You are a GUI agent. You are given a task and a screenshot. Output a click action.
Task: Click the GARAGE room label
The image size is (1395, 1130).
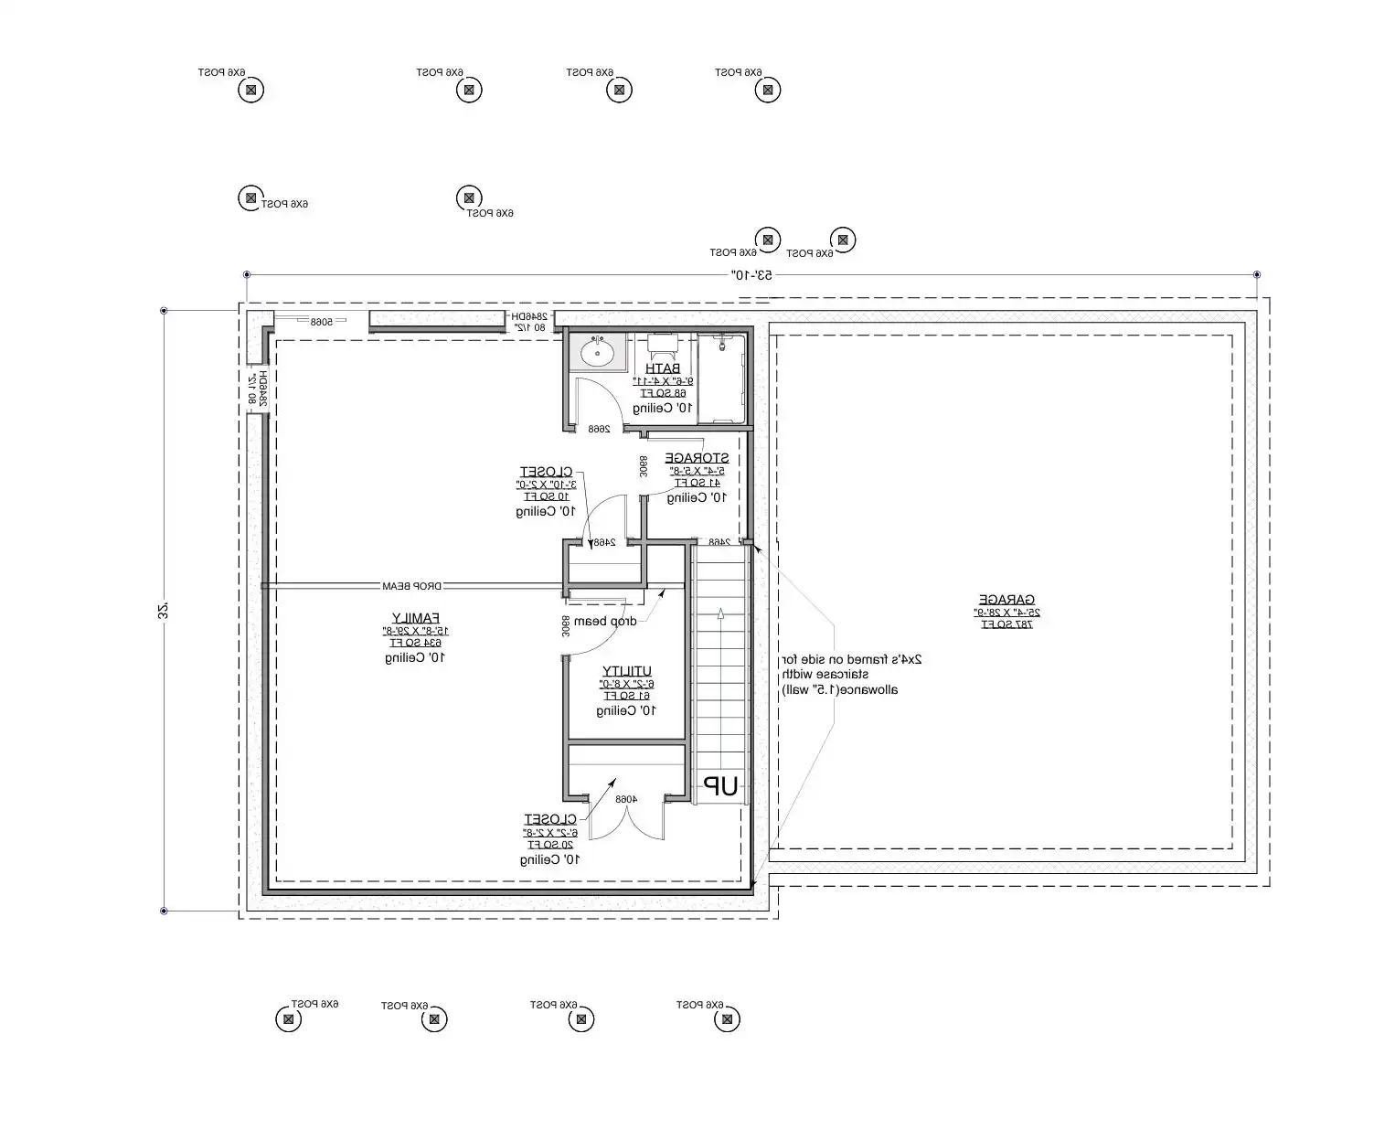coord(1005,600)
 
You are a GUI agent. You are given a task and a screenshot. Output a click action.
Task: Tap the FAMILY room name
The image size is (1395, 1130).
coord(416,617)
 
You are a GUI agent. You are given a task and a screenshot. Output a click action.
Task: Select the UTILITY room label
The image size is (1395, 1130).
coord(627,671)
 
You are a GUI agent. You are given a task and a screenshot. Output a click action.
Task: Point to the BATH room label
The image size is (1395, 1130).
coord(663,368)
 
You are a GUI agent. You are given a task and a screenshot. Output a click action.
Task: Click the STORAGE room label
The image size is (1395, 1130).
coord(697,458)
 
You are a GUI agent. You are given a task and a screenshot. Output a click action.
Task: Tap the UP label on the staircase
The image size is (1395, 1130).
coord(719,786)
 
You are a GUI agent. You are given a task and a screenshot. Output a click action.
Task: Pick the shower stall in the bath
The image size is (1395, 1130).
coord(721,378)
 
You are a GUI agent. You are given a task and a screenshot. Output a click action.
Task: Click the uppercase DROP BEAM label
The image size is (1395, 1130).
coord(412,586)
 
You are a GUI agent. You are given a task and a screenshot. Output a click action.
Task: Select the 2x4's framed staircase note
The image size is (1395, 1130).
coord(850,674)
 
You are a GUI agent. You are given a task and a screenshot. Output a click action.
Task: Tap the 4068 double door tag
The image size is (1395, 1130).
coord(625,799)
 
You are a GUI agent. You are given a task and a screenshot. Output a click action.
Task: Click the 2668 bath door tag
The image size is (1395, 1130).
coord(599,429)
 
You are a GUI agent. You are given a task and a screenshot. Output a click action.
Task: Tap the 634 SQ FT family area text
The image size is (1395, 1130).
coord(416,643)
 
